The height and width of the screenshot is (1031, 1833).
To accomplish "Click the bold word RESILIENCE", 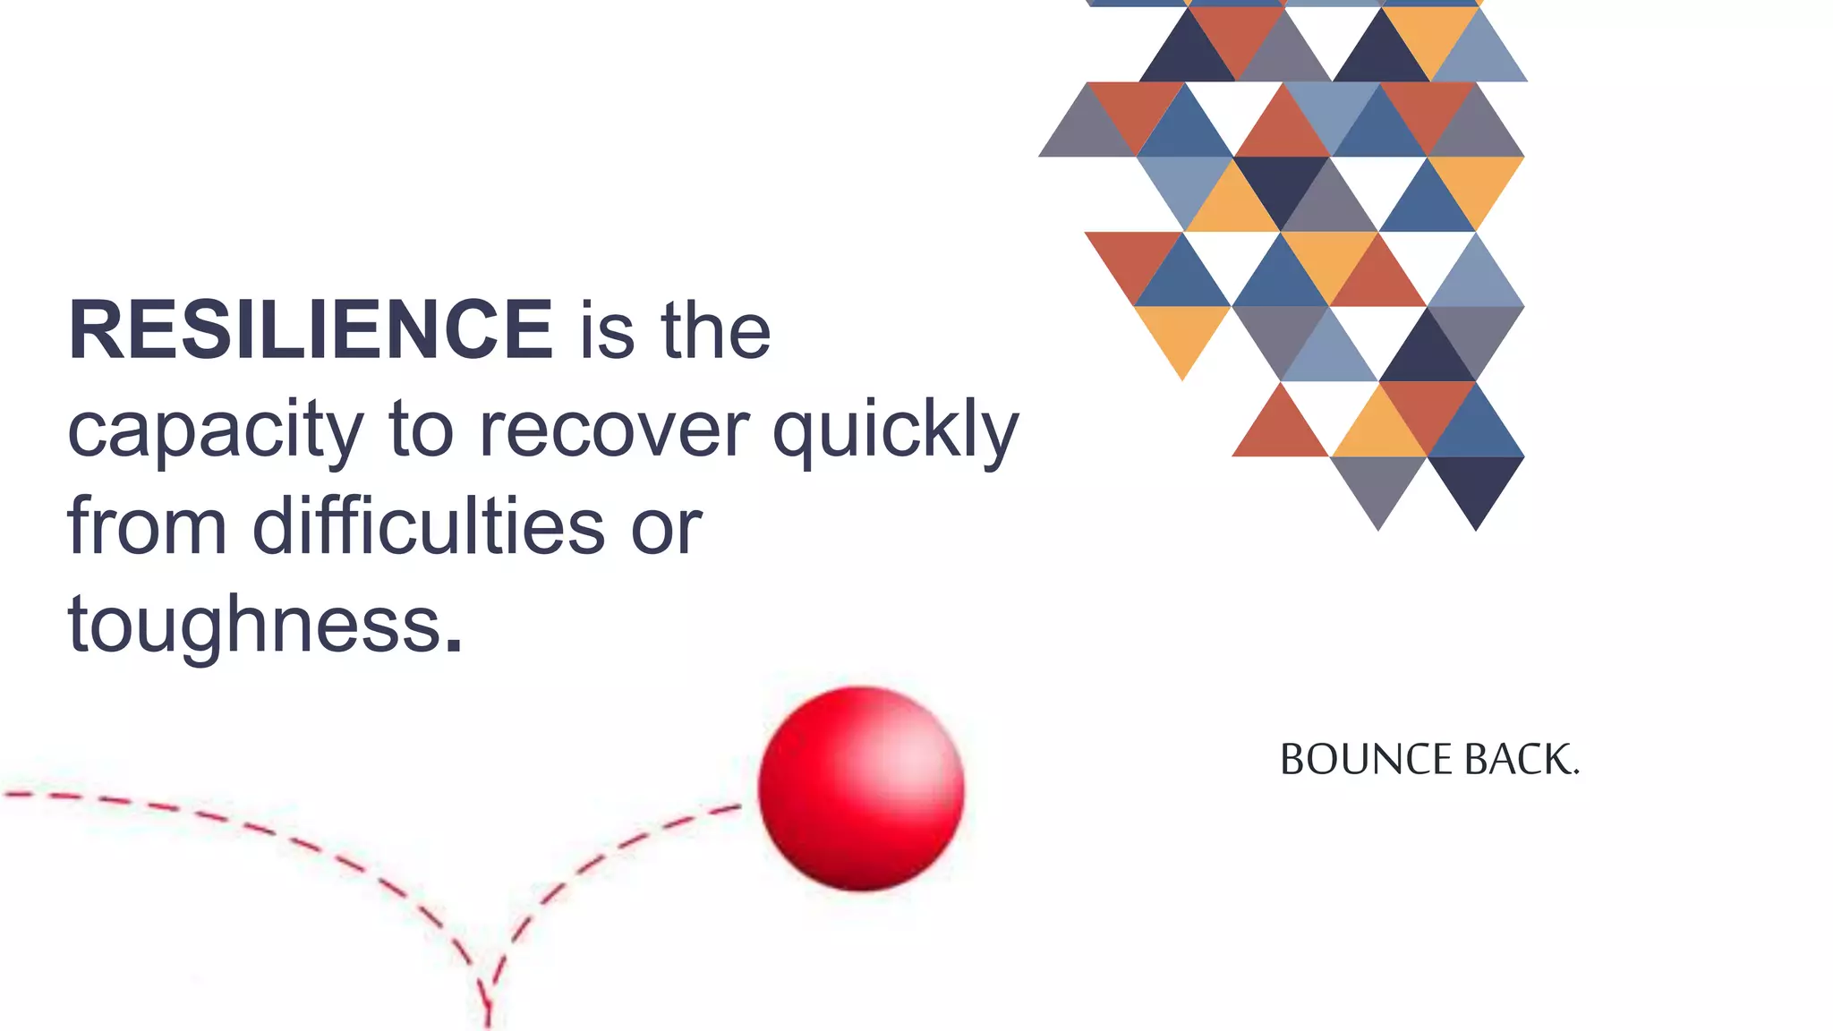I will (x=311, y=330).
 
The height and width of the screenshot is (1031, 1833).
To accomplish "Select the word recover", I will (x=614, y=430).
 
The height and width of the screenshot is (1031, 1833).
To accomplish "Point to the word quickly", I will (x=896, y=431).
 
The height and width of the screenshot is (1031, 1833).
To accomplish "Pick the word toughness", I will (x=255, y=625).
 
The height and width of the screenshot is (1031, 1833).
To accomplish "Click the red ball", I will (x=861, y=788).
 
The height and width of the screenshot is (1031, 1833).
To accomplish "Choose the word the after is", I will (x=716, y=331).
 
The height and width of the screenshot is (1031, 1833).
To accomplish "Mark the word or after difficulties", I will (x=667, y=528).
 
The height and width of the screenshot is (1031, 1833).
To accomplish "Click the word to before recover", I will (x=422, y=430).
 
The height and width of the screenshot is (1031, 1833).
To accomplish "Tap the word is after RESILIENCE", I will (x=608, y=331).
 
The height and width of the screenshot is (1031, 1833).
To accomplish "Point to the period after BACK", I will (x=1576, y=771).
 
